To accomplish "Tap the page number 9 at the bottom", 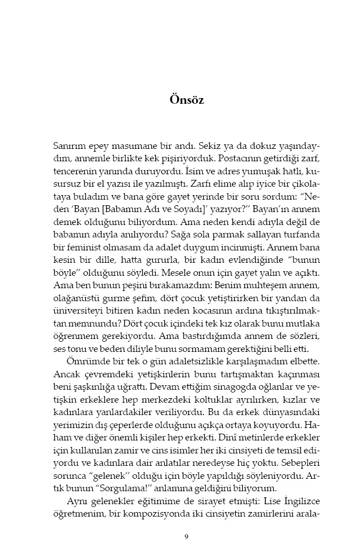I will pyautogui.click(x=186, y=536).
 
